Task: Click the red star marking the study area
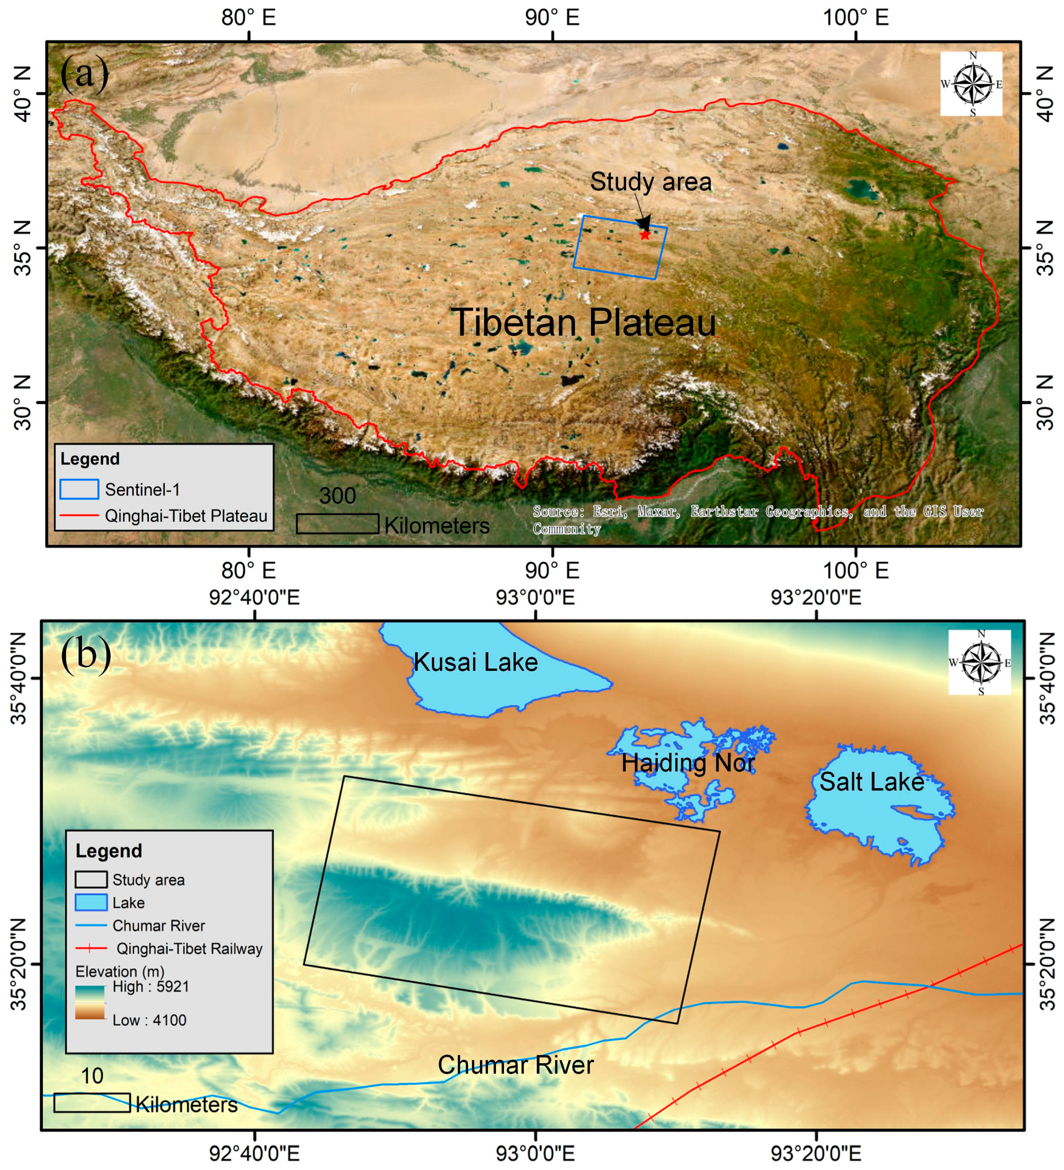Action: coord(644,234)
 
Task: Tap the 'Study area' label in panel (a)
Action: coord(650,182)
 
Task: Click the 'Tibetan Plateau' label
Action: coord(583,322)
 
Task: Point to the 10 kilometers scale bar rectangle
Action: coord(92,1103)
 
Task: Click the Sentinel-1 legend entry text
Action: coord(142,490)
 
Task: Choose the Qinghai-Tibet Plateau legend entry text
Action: coord(186,516)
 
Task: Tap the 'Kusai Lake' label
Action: coord(475,662)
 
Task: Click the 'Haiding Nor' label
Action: coord(688,763)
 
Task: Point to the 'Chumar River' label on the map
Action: coord(515,1065)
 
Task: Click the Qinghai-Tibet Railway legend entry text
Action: coord(189,948)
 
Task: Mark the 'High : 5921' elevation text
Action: coord(150,986)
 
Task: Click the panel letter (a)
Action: coord(84,73)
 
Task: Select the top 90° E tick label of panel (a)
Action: coord(552,17)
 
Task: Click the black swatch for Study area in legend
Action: coord(91,880)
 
